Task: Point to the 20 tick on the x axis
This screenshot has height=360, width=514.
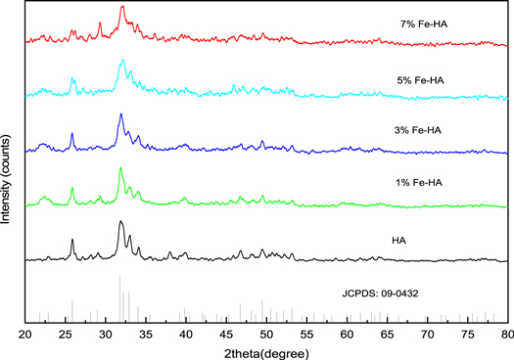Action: pyautogui.click(x=25, y=334)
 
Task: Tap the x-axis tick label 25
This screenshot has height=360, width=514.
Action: pyautogui.click(x=66, y=334)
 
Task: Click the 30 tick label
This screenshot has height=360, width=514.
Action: pyautogui.click(x=106, y=334)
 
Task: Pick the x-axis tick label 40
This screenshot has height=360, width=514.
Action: pyautogui.click(x=186, y=334)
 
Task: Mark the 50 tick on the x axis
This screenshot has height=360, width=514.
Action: pyautogui.click(x=266, y=334)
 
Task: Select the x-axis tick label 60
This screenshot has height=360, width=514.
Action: pyautogui.click(x=347, y=334)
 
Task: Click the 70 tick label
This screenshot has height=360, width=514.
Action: pyautogui.click(x=427, y=334)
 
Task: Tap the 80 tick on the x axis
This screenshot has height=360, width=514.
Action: pyautogui.click(x=506, y=334)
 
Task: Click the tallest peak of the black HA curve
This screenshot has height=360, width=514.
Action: pyautogui.click(x=120, y=222)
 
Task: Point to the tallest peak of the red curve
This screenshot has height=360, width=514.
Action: pyautogui.click(x=121, y=7)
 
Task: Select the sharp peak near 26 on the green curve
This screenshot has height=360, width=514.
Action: pyautogui.click(x=72, y=188)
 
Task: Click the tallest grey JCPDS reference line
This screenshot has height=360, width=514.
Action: pyautogui.click(x=120, y=277)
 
